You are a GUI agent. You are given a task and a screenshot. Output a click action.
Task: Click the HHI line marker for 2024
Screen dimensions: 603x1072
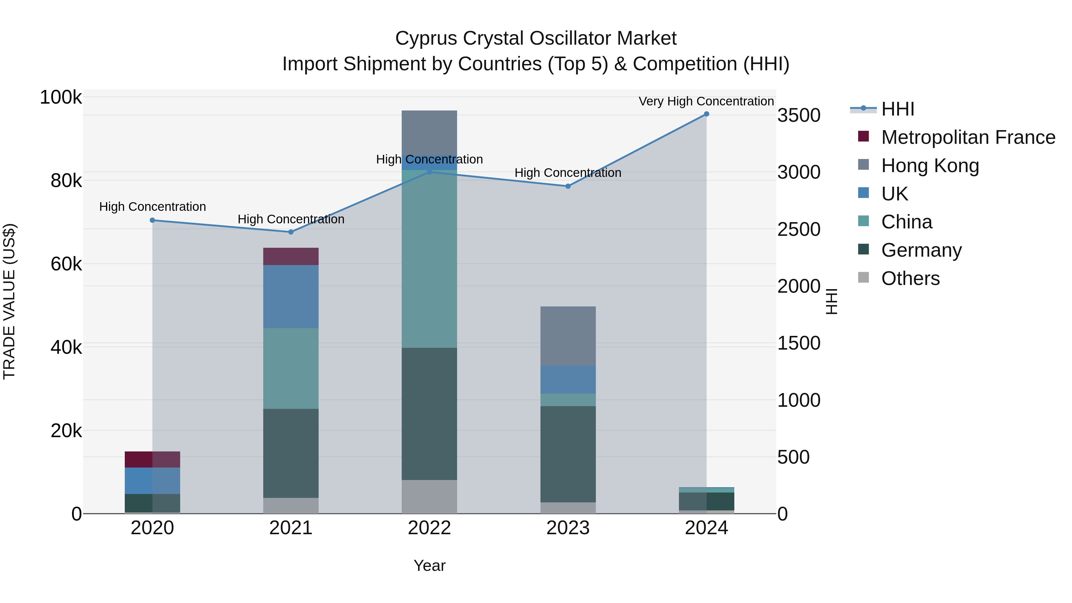coord(706,114)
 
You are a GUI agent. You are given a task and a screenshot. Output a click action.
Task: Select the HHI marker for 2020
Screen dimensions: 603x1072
coord(152,220)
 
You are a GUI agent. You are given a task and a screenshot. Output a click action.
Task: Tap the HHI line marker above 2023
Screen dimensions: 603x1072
coord(568,186)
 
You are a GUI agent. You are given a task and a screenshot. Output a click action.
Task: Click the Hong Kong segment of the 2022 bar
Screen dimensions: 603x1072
coord(429,132)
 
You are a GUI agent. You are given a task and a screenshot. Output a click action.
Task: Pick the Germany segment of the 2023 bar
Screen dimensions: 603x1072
coord(568,454)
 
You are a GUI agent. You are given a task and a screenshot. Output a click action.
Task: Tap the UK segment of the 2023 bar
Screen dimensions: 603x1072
coord(568,380)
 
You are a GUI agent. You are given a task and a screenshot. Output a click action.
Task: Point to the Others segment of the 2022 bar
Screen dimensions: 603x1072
coord(429,496)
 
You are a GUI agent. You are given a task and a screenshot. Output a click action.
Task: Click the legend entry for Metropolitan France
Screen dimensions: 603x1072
coord(968,137)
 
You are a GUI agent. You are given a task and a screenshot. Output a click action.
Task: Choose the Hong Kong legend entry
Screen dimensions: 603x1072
coord(930,166)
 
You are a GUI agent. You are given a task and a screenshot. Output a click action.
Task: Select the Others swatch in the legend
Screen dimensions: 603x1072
coord(864,278)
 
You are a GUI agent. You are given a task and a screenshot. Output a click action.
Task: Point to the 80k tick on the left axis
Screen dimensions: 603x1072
coord(66,181)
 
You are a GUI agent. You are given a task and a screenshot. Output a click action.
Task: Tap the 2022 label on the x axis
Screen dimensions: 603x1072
coord(429,528)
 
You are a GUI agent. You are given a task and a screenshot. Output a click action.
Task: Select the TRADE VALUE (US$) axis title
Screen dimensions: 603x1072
coord(9,301)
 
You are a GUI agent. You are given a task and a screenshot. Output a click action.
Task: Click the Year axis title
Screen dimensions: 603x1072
coord(429,565)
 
